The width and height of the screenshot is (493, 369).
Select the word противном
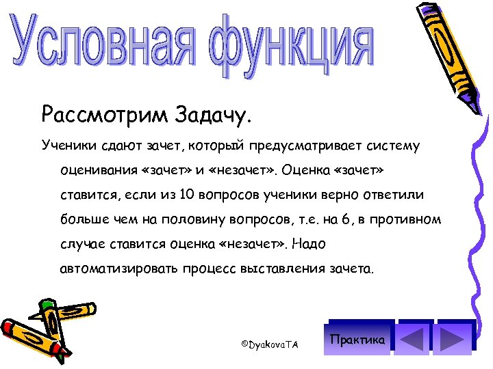tap(407, 219)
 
